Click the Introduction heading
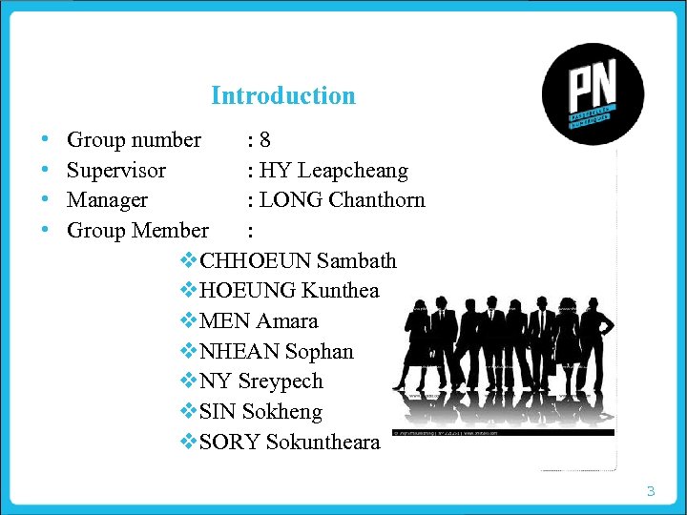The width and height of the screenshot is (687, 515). click(x=282, y=95)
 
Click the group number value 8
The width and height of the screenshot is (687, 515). click(x=264, y=140)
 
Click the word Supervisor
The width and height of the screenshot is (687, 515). click(x=116, y=171)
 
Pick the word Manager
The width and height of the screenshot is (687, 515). click(x=107, y=200)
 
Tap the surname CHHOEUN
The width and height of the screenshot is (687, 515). click(x=256, y=260)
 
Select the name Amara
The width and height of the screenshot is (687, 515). click(x=287, y=321)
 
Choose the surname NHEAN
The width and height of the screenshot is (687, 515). click(x=238, y=352)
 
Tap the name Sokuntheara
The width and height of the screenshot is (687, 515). click(x=323, y=443)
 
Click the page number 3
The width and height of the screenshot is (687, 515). click(x=651, y=492)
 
